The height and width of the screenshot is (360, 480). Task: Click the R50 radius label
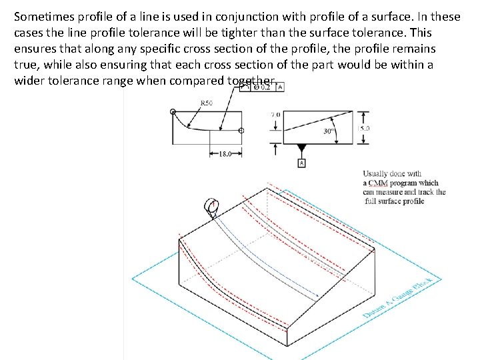[x=207, y=102]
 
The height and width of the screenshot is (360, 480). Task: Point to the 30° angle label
[x=328, y=131]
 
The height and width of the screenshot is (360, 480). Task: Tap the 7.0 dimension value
[x=275, y=115]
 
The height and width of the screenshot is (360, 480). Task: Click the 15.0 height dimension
[x=365, y=128]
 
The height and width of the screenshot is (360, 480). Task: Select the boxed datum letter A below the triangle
[x=301, y=163]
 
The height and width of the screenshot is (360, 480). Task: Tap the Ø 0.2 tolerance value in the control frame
[x=262, y=87]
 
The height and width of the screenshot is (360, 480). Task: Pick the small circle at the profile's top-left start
[x=173, y=111]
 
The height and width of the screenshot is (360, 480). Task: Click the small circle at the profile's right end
[x=241, y=131]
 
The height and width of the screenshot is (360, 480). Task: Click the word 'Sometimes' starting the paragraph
[x=44, y=16]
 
